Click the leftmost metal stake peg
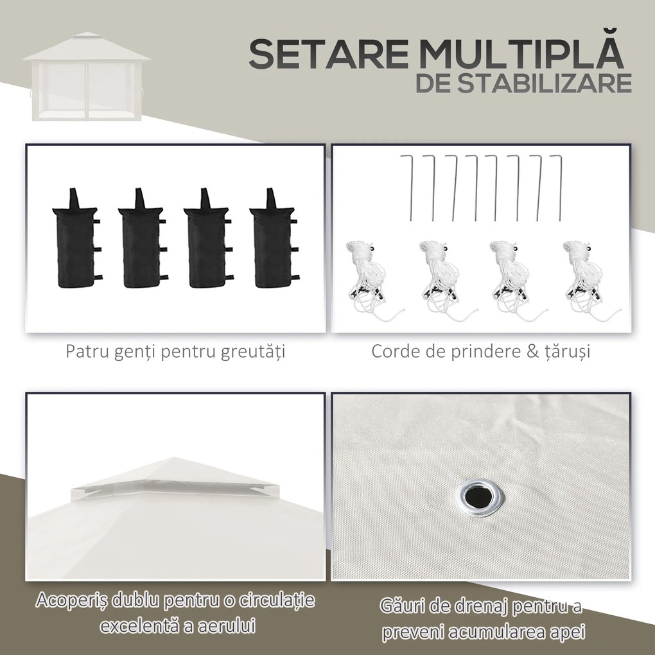[407, 187]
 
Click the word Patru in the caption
[84, 352]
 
